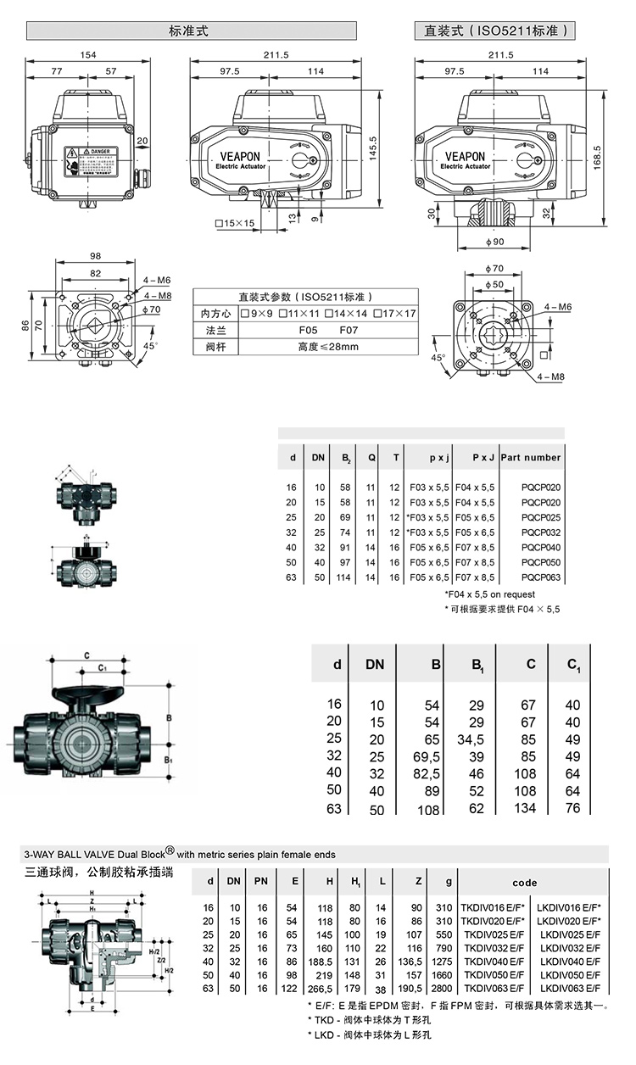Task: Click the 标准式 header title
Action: pos(189,31)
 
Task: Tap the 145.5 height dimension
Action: pos(374,149)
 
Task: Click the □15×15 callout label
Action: pos(235,223)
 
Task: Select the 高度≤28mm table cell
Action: pos(328,346)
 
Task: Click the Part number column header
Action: pos(531,457)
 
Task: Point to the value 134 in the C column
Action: pos(525,808)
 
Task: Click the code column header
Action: pos(524,882)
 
